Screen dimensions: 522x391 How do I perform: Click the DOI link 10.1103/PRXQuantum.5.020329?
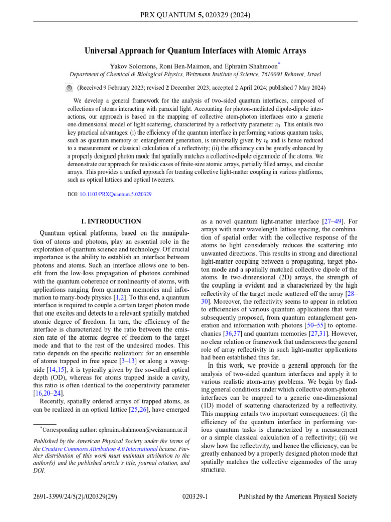116,194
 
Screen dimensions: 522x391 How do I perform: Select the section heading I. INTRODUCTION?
111,222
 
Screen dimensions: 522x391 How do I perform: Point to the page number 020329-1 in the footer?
195,497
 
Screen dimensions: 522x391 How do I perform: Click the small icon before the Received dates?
69,88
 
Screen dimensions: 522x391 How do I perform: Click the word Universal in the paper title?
102,51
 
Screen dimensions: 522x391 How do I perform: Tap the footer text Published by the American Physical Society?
298,497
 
